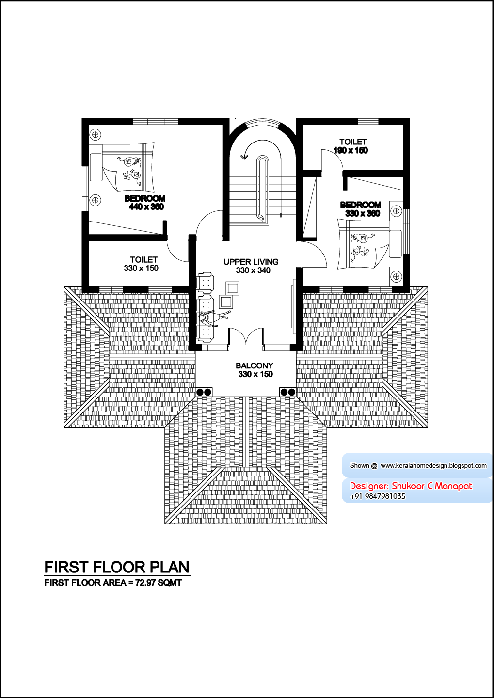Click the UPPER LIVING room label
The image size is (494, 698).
pos(251,262)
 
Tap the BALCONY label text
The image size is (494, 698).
pos(255,365)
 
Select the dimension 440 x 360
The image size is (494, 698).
pos(146,206)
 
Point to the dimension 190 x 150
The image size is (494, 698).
pos(351,150)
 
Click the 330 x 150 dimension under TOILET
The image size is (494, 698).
pos(141,268)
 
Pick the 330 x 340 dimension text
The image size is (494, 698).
pos(253,270)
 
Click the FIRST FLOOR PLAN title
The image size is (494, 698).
pos(117,567)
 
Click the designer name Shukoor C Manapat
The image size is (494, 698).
pos(432,486)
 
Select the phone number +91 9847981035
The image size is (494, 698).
pos(378,496)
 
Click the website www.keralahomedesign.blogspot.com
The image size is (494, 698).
pos(433,465)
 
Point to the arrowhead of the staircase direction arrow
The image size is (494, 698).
pos(245,157)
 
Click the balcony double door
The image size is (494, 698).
pos(246,336)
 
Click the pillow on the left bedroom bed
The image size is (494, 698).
pos(96,167)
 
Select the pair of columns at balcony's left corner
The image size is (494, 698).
pos(204,392)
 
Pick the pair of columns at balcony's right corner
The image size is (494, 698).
pos(287,392)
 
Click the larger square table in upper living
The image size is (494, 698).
pos(233,288)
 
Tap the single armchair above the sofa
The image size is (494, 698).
pos(205,282)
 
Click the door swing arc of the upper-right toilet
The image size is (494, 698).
pos(334,159)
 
